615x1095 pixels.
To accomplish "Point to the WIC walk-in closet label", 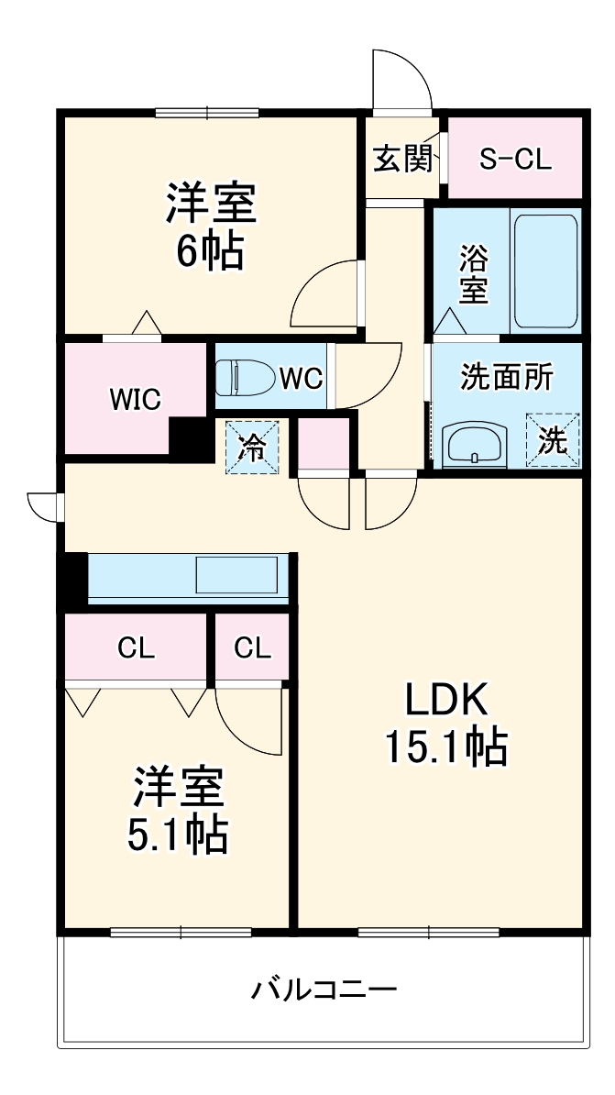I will pyautogui.click(x=136, y=399).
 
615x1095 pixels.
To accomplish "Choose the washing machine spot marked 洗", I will pyautogui.click(x=553, y=442).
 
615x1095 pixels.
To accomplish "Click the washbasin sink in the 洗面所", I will pyautogui.click(x=474, y=446).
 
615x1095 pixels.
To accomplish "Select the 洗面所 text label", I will pyautogui.click(x=506, y=377).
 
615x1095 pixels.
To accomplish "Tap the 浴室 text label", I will pyautogui.click(x=473, y=273).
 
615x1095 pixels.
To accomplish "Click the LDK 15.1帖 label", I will pyautogui.click(x=445, y=724).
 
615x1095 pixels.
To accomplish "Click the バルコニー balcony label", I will pyautogui.click(x=324, y=990).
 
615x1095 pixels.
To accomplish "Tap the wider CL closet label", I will pyautogui.click(x=136, y=647).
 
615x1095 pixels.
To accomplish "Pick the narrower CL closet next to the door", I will pyautogui.click(x=252, y=647).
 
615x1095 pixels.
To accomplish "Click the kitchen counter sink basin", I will pyautogui.click(x=236, y=576).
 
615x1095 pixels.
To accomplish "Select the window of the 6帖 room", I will pyautogui.click(x=207, y=113).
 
